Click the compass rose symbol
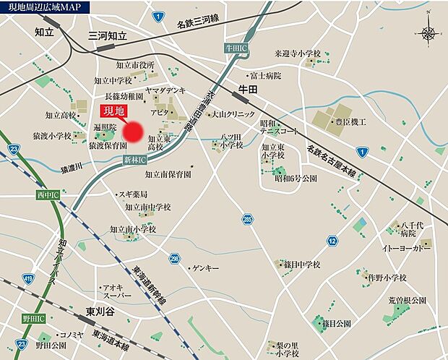[x=428, y=33]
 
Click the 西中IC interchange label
[x=48, y=195]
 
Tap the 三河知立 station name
[x=108, y=35]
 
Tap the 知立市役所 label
[x=134, y=65]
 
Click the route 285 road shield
[x=248, y=218]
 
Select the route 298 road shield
[x=174, y=258]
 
